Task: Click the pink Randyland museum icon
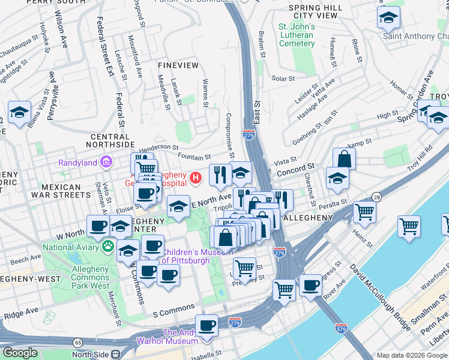[x=106, y=162]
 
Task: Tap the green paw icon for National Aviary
[x=107, y=245]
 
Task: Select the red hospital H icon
[x=195, y=178]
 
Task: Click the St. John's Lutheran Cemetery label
[x=296, y=35]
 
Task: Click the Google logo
[x=20, y=353]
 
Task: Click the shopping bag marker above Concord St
[x=344, y=158]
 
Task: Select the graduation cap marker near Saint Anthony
[x=388, y=17]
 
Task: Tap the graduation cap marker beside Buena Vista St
[x=19, y=112]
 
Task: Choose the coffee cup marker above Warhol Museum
[x=206, y=326]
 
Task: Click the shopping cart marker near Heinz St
[x=364, y=211]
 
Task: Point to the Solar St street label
[x=283, y=79]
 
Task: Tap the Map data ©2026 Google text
[x=411, y=355]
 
